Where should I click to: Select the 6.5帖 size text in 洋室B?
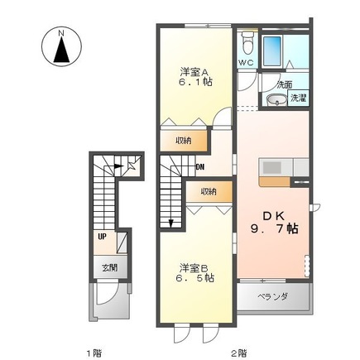pos(194,278)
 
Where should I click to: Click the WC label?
pos(246,63)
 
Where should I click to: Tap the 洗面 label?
pos(284,84)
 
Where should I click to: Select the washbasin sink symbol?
pos(275,100)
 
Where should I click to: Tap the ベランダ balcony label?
pos(272,295)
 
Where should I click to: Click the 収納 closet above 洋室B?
pos(207,192)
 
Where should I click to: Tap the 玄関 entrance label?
pos(109,266)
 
